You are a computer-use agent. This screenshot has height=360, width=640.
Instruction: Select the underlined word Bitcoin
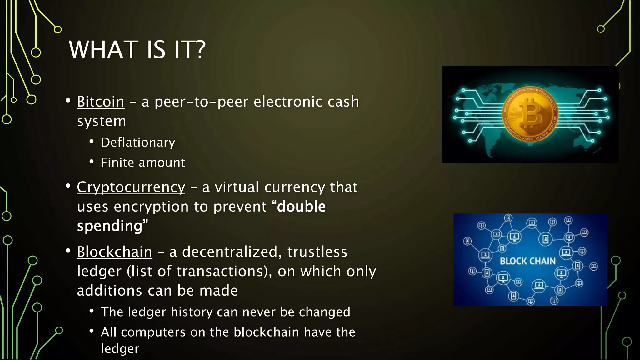101,102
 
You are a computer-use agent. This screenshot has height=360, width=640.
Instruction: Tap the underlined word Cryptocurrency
131,187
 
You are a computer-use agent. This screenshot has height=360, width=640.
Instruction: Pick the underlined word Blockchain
114,252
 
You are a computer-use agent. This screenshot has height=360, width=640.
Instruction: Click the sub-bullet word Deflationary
138,142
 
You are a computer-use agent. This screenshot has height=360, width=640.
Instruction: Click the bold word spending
110,226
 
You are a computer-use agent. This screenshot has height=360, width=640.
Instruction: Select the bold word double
301,207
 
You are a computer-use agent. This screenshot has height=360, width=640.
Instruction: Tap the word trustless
317,252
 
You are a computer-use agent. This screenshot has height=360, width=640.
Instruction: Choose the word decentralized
230,252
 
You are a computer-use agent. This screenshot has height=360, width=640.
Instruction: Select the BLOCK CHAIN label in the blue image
528,261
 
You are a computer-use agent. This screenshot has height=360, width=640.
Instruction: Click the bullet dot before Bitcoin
68,101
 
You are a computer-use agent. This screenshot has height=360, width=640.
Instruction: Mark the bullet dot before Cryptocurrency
68,186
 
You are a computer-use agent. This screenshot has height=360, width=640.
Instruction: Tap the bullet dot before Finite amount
92,162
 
